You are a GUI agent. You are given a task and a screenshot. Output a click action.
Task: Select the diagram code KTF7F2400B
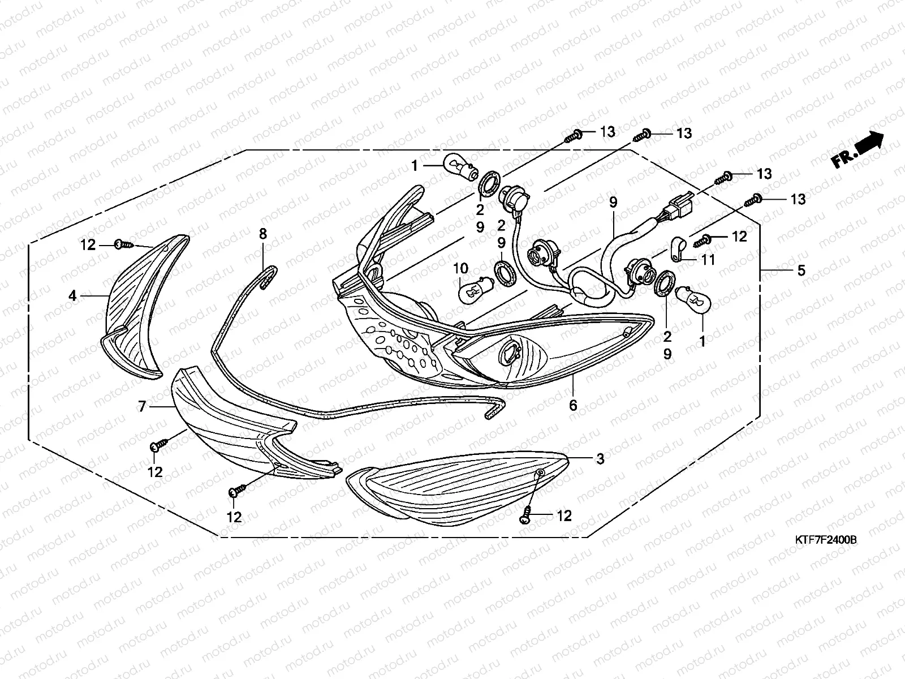(x=825, y=540)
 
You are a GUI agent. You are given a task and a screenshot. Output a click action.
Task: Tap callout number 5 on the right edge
(x=801, y=270)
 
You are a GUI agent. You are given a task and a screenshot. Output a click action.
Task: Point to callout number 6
(x=573, y=405)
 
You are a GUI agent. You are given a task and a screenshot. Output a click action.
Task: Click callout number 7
(x=142, y=406)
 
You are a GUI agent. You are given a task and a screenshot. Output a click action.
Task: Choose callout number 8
(x=263, y=234)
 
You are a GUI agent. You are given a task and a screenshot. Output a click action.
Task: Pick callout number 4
(x=72, y=295)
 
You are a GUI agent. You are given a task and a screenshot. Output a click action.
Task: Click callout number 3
(x=600, y=458)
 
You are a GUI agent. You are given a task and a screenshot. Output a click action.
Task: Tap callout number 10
(x=460, y=268)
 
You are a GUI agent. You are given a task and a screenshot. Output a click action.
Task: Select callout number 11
(x=708, y=260)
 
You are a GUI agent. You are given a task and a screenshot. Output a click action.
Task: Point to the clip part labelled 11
(x=679, y=248)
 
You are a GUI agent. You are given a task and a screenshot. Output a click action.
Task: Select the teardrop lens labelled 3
(x=458, y=489)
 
